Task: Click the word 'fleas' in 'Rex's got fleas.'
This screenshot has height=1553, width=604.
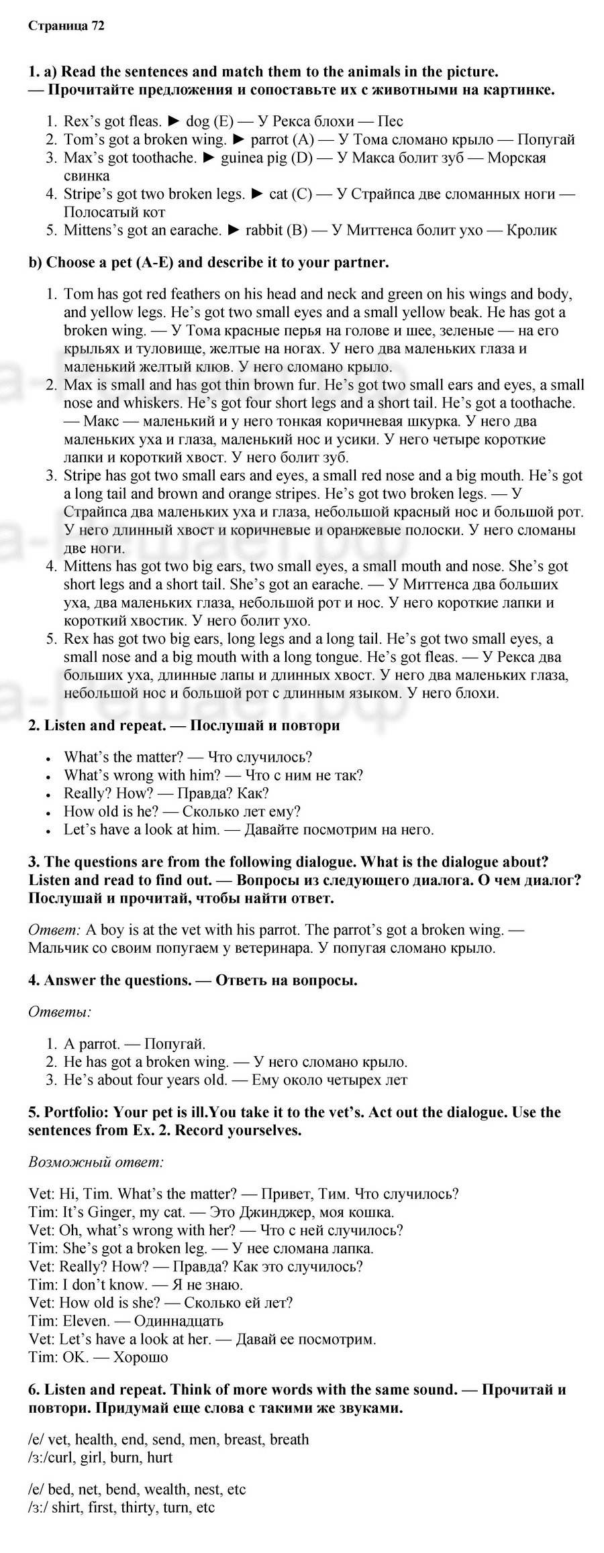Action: pyautogui.click(x=144, y=121)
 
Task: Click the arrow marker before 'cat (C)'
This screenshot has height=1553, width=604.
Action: pyautogui.click(x=257, y=194)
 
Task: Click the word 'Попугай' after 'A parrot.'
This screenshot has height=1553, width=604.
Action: pyautogui.click(x=174, y=1043)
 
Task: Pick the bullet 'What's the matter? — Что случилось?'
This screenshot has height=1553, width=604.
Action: pyautogui.click(x=188, y=757)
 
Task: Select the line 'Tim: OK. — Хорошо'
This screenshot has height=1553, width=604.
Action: pyautogui.click(x=99, y=1357)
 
